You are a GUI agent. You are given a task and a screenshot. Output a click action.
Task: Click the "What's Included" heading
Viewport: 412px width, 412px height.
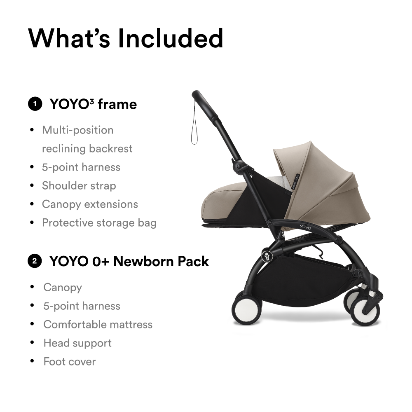click(126, 38)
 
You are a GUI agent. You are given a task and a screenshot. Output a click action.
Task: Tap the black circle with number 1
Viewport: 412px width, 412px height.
click(35, 104)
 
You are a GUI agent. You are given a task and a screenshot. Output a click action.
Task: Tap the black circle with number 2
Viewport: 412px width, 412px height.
click(35, 261)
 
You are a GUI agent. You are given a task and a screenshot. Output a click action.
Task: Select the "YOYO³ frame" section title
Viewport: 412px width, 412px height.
click(93, 104)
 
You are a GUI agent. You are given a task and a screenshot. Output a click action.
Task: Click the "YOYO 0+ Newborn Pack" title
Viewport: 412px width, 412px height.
click(129, 262)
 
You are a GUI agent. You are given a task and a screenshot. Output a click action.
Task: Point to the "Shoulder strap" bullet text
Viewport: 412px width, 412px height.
click(79, 185)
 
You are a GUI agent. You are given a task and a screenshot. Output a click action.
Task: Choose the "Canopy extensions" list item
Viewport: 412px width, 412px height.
click(90, 204)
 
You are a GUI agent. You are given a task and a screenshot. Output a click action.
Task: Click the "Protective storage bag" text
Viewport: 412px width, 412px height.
click(99, 223)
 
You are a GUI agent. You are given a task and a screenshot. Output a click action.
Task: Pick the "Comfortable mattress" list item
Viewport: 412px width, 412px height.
click(98, 325)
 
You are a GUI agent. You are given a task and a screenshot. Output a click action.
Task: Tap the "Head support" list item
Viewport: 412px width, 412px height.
click(77, 343)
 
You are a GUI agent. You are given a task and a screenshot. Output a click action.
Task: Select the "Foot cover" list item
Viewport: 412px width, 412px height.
click(70, 362)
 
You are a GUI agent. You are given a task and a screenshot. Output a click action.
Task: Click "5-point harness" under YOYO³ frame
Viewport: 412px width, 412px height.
click(81, 167)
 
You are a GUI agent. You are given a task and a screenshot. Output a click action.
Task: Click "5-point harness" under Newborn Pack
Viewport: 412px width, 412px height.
click(82, 306)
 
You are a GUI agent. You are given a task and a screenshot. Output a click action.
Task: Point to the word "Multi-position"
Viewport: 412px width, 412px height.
click(78, 130)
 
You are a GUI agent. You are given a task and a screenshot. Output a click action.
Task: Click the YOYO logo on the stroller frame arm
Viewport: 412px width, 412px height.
click(305, 227)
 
